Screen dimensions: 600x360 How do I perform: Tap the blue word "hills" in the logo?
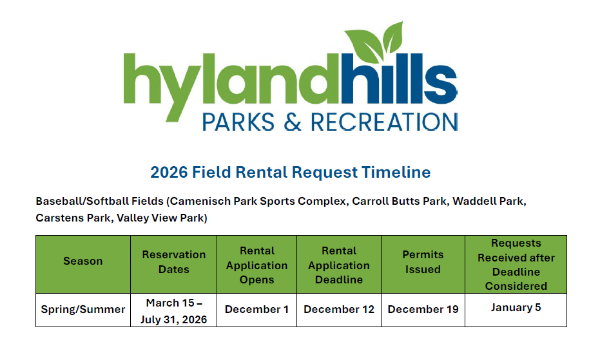coord(399,79)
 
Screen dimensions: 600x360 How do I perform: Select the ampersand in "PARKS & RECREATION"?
coord(293,122)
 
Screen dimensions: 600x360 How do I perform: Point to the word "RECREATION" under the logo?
coord(384,122)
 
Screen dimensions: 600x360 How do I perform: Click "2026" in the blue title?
coord(169,172)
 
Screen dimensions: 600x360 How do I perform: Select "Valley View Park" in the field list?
coord(162,218)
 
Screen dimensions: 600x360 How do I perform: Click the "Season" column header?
coord(83,261)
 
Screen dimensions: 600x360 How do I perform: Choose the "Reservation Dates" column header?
coord(174,261)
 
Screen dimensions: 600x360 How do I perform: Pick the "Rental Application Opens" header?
coord(256,265)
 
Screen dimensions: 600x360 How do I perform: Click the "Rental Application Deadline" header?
coord(339,265)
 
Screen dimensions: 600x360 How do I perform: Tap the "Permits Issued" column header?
coord(423,261)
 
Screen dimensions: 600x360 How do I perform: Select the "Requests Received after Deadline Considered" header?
coord(516,264)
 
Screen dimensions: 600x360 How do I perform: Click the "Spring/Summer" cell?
coord(83,309)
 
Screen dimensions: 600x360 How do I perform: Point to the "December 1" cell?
coord(256,309)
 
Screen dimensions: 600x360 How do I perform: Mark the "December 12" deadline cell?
coord(339,309)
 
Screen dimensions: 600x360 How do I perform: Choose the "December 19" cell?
coord(423,309)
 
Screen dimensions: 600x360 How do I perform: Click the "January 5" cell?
coord(516,308)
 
